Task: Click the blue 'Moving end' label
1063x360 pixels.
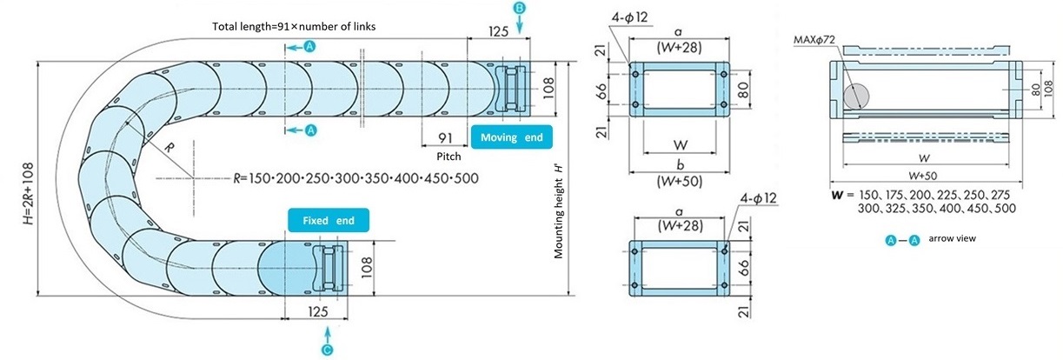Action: click(511, 137)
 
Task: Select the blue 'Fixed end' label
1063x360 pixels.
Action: click(328, 221)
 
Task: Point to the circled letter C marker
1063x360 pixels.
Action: click(327, 350)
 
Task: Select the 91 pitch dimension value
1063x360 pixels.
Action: click(444, 137)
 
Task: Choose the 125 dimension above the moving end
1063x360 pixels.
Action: click(498, 31)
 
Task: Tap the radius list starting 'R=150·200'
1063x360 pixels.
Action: click(356, 177)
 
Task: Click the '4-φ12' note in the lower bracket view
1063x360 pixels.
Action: click(756, 199)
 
